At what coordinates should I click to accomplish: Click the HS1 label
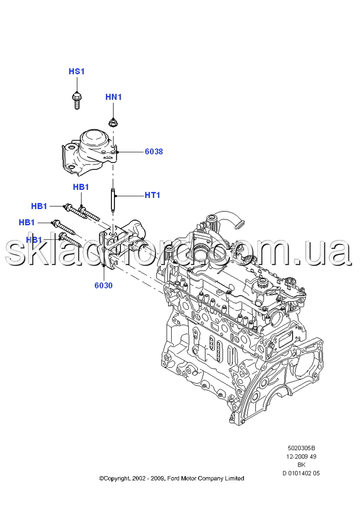tap(76, 71)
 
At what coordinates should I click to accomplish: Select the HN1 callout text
tap(113, 97)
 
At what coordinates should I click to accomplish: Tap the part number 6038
tap(154, 152)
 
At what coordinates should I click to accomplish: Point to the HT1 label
tap(152, 195)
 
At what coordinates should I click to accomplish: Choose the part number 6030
tap(104, 285)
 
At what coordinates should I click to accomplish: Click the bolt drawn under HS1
tap(76, 100)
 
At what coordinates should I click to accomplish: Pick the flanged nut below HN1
tap(113, 122)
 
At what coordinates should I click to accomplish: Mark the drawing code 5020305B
tap(301, 448)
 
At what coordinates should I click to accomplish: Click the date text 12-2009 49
tap(301, 456)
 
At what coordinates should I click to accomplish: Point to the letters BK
tap(301, 465)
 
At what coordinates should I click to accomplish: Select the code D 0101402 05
tap(301, 474)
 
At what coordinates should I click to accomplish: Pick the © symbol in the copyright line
tap(101, 479)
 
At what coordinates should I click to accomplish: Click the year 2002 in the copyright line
tap(137, 479)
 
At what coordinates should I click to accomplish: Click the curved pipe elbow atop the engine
tap(233, 218)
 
